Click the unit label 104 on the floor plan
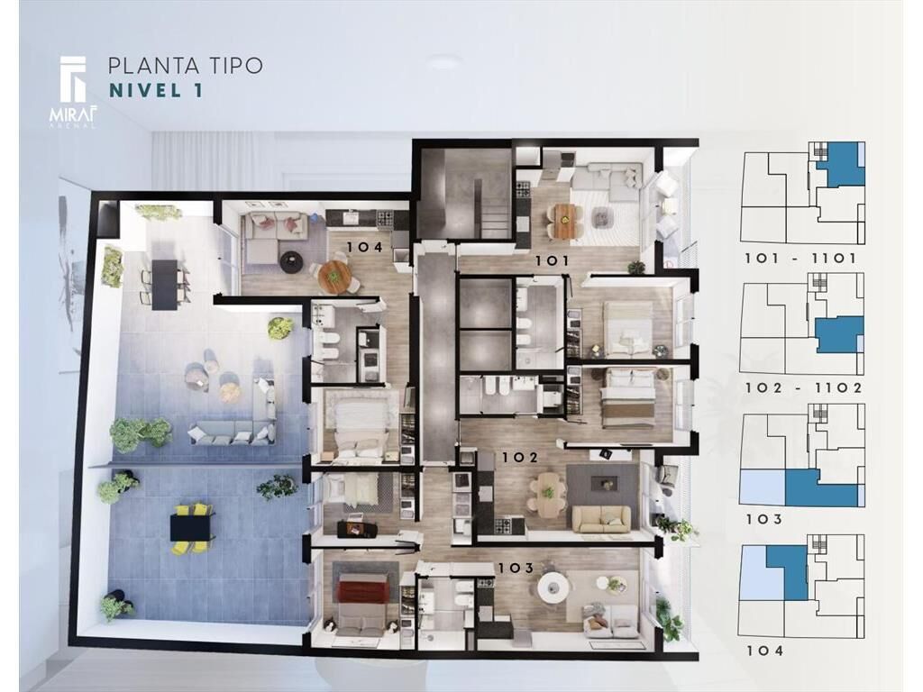[x=364, y=247]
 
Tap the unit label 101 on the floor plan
[x=551, y=260]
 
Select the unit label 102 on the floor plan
[x=519, y=457]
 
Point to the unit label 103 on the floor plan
[x=516, y=568]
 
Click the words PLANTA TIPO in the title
[x=186, y=66]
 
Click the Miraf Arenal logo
[x=74, y=91]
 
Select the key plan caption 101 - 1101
[x=800, y=259]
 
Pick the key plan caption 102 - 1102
[x=803, y=387]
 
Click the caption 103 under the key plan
[x=764, y=520]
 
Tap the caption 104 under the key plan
[x=764, y=651]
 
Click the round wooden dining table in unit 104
[x=334, y=276]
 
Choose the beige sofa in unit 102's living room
[x=601, y=520]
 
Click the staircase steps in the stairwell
[x=495, y=219]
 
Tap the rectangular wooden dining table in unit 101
[x=562, y=221]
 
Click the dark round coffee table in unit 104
[x=289, y=261]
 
